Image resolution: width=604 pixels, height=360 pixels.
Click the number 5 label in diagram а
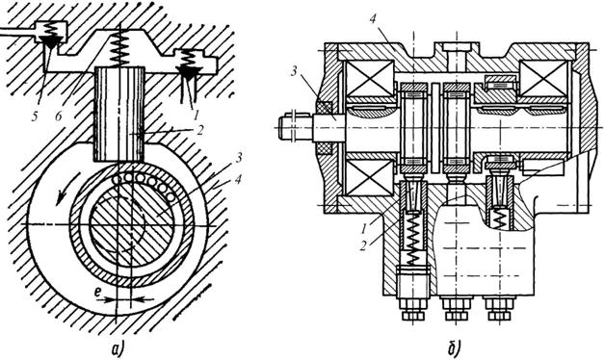point(36,116)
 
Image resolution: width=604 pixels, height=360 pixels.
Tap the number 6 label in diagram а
point(58,116)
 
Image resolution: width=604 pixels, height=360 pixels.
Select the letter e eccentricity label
point(98,294)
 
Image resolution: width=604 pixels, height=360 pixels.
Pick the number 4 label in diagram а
point(239,179)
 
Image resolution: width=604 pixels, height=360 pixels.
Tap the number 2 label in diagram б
point(363,245)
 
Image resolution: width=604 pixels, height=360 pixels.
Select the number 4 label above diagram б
point(373,19)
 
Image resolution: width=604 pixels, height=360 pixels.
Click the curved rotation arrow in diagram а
point(66,188)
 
